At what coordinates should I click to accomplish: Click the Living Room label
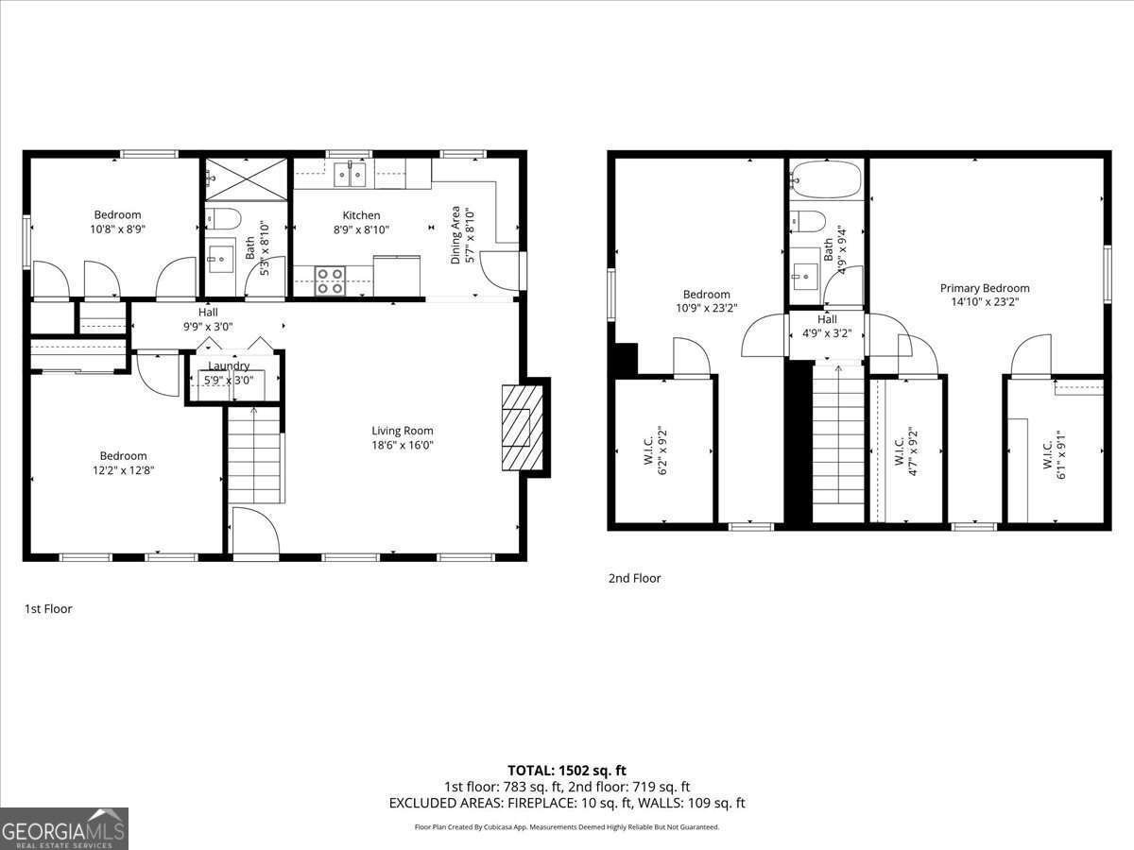tap(402, 431)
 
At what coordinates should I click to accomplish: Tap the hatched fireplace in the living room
tap(516, 427)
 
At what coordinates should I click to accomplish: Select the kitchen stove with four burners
tap(330, 280)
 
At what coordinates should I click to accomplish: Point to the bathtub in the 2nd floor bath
tap(827, 179)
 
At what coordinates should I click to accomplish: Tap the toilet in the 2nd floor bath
tap(809, 221)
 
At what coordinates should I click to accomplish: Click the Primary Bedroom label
tap(984, 288)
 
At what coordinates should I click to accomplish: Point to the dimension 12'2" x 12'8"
tap(124, 469)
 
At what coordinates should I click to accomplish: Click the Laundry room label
tap(229, 366)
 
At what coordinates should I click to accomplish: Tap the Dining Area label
tap(455, 234)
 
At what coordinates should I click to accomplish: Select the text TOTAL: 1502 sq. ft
tap(567, 771)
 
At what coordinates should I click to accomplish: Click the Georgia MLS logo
tap(64, 828)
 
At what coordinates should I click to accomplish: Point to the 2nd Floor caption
tap(634, 578)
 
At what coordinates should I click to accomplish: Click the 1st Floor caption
tap(48, 609)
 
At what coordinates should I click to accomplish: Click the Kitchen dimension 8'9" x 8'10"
tap(361, 229)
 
